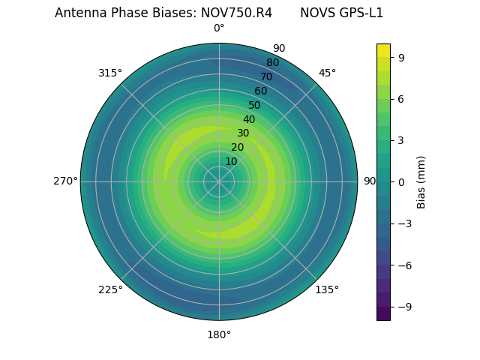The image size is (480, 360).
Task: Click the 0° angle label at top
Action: pyautogui.click(x=219, y=28)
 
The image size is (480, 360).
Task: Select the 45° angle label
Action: pyautogui.click(x=327, y=73)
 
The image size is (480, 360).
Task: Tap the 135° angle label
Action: pyautogui.click(x=327, y=289)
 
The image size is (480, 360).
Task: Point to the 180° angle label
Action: pyautogui.click(x=219, y=334)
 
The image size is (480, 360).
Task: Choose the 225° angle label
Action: pyautogui.click(x=110, y=289)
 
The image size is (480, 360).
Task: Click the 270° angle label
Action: pyautogui.click(x=65, y=181)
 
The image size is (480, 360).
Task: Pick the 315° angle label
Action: pyautogui.click(x=110, y=73)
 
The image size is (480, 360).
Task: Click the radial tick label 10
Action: pyautogui.click(x=231, y=161)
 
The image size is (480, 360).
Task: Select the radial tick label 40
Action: pyautogui.click(x=249, y=119)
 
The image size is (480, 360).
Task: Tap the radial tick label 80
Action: pyautogui.click(x=272, y=63)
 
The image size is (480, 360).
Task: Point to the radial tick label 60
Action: pyautogui.click(x=260, y=91)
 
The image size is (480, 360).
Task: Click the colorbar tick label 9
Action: pyautogui.click(x=402, y=56)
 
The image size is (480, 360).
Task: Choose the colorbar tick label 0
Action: pyautogui.click(x=402, y=181)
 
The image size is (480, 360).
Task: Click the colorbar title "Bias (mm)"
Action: pyautogui.click(x=421, y=181)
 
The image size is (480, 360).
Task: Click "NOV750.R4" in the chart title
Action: pyautogui.click(x=236, y=13)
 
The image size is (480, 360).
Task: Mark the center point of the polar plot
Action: pyautogui.click(x=219, y=181)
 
